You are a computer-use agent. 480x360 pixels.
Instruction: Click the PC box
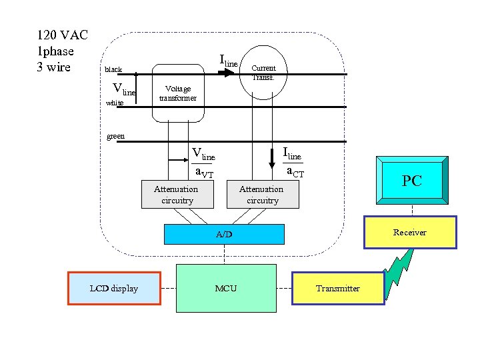tap(412, 180)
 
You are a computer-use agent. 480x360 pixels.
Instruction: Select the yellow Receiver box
tap(409, 233)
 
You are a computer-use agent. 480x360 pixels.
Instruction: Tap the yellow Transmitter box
tap(338, 289)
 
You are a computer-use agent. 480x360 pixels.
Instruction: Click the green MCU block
tap(225, 288)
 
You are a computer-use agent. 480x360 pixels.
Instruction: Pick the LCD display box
tap(114, 289)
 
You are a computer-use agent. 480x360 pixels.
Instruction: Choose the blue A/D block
tap(224, 235)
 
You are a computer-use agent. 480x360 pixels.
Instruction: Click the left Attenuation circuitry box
tap(176, 195)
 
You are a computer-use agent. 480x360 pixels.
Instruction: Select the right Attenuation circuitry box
tap(262, 195)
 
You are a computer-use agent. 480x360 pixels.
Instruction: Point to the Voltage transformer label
tap(177, 93)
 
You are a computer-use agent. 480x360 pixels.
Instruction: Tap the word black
tap(113, 69)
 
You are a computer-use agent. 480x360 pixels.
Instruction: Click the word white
tap(115, 103)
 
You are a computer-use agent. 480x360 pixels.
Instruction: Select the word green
tap(116, 136)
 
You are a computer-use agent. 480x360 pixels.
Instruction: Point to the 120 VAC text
tap(62, 35)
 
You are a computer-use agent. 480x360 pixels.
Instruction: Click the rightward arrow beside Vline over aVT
tap(180, 160)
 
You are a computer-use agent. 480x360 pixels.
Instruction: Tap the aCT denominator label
tap(295, 172)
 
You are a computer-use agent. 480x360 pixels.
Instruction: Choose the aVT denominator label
tap(204, 173)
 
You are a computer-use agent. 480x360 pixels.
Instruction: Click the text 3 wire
tap(54, 67)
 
